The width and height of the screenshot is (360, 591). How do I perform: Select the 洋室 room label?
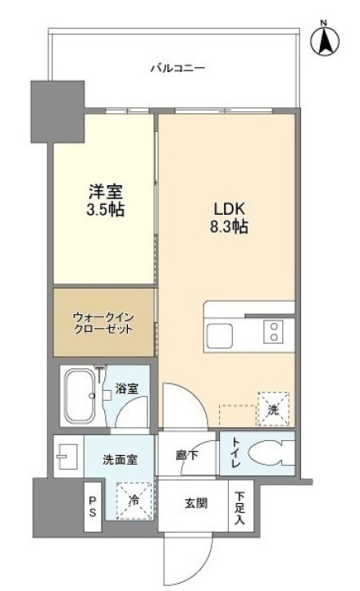(107, 193)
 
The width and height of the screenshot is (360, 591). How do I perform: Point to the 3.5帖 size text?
(107, 210)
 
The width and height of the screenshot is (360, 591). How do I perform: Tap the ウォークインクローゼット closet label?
(103, 322)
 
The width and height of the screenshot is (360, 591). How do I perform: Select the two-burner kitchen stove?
(272, 332)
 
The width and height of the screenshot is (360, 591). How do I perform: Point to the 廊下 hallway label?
(186, 452)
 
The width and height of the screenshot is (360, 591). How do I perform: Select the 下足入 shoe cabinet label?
(239, 508)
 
